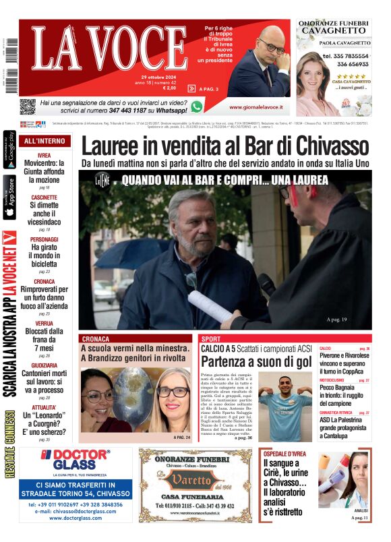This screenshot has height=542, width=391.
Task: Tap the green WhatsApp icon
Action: pyautogui.click(x=196, y=106)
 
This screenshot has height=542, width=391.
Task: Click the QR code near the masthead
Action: pyautogui.click(x=27, y=106)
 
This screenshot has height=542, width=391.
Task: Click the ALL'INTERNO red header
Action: pyautogui.click(x=44, y=141)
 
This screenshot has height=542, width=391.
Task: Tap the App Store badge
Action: pyautogui.click(x=9, y=197)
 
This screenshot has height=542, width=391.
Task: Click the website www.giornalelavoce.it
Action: pyautogui.click(x=255, y=107)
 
